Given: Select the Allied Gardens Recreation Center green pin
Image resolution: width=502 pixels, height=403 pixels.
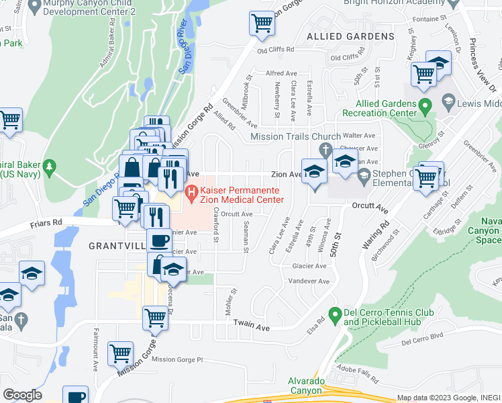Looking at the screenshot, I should [x=424, y=106].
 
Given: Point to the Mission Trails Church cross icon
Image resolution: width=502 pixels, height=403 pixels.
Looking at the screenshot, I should [x=325, y=149].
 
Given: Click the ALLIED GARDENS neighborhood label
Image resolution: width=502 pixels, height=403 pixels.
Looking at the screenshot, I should [x=350, y=36].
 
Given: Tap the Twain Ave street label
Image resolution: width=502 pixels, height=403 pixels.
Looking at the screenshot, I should [x=251, y=326].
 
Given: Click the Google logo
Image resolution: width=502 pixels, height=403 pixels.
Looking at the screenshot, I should [x=22, y=395].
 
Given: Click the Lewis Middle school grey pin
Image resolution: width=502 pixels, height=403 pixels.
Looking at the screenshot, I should [x=448, y=101].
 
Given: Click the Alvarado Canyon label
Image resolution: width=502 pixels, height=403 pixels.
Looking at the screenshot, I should [x=309, y=386].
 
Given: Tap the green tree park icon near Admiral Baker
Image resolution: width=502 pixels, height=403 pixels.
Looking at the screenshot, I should [x=48, y=167].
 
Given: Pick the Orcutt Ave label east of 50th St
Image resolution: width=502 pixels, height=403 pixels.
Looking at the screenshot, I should [x=370, y=207].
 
